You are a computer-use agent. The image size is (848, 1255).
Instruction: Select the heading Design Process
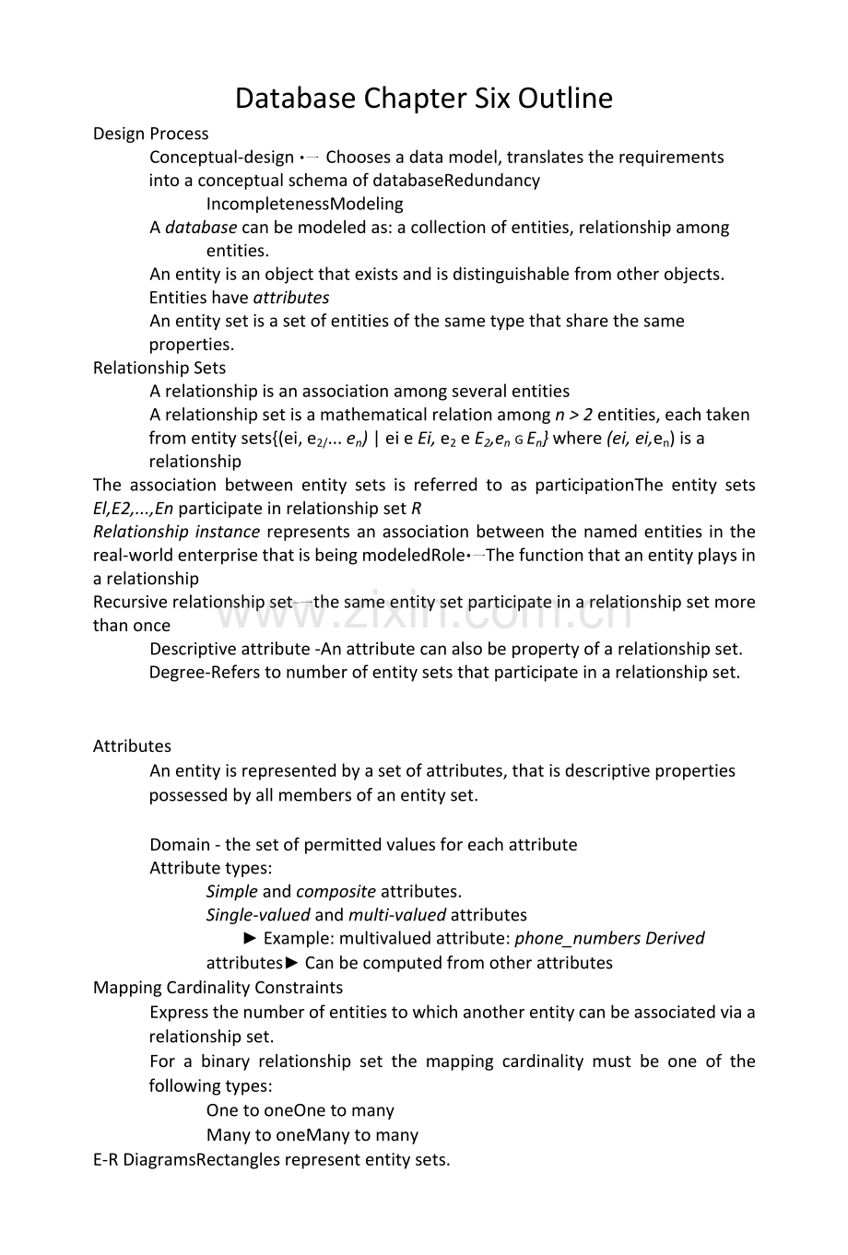(150, 134)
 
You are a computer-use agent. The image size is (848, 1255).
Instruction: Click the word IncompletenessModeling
(304, 204)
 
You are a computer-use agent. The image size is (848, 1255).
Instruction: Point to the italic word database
(201, 227)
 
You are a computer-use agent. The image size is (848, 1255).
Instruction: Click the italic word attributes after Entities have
(290, 297)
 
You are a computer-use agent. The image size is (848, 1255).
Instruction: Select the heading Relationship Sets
(159, 368)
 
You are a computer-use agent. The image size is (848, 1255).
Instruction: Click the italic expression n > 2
(573, 415)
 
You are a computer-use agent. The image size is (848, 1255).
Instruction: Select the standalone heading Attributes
(132, 746)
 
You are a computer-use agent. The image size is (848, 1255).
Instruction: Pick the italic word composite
(336, 891)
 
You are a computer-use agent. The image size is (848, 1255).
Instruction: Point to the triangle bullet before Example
(251, 938)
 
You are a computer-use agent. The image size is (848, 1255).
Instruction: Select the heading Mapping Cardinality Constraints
(218, 987)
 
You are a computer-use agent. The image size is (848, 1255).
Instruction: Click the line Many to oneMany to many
(312, 1134)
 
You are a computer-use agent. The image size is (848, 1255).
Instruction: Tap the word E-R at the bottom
(106, 1159)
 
